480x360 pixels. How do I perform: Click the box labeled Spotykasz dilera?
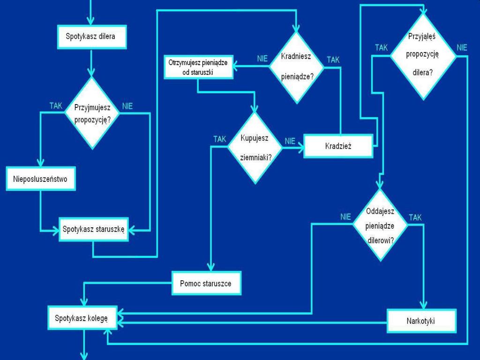pyautogui.click(x=92, y=36)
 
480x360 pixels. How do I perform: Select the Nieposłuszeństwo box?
pyautogui.click(x=41, y=179)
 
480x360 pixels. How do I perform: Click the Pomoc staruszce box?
pyautogui.click(x=206, y=283)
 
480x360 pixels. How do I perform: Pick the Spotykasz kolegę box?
pyautogui.click(x=82, y=318)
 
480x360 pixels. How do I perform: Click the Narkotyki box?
pyautogui.click(x=421, y=321)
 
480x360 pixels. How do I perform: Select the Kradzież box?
pyautogui.click(x=338, y=146)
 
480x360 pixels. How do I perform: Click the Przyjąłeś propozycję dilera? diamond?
pyautogui.click(x=423, y=56)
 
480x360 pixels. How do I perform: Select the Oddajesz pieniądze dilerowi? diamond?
pyautogui.click(x=380, y=225)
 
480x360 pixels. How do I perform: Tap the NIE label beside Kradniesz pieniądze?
pyautogui.click(x=262, y=59)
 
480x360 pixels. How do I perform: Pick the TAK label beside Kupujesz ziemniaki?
pyautogui.click(x=219, y=139)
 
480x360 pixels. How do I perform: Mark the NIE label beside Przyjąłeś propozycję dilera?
pyautogui.click(x=462, y=47)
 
